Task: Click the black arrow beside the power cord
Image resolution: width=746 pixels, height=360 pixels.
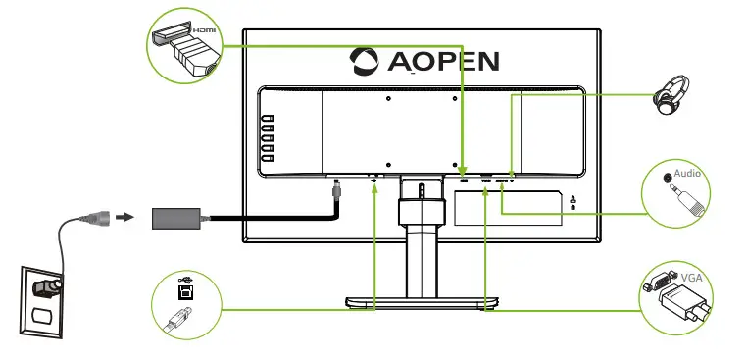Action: tap(124, 214)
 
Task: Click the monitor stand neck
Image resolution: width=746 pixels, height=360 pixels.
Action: tap(419, 245)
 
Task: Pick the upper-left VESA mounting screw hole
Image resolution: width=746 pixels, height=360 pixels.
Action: tap(389, 97)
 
